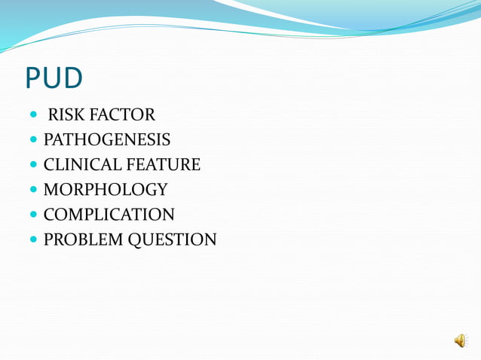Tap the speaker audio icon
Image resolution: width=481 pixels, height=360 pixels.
point(460,341)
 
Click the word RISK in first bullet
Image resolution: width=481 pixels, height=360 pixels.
point(67,115)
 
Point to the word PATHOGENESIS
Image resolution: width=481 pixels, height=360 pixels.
point(106,140)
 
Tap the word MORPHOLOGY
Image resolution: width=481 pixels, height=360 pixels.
point(105,190)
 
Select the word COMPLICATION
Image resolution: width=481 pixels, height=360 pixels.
point(109,215)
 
